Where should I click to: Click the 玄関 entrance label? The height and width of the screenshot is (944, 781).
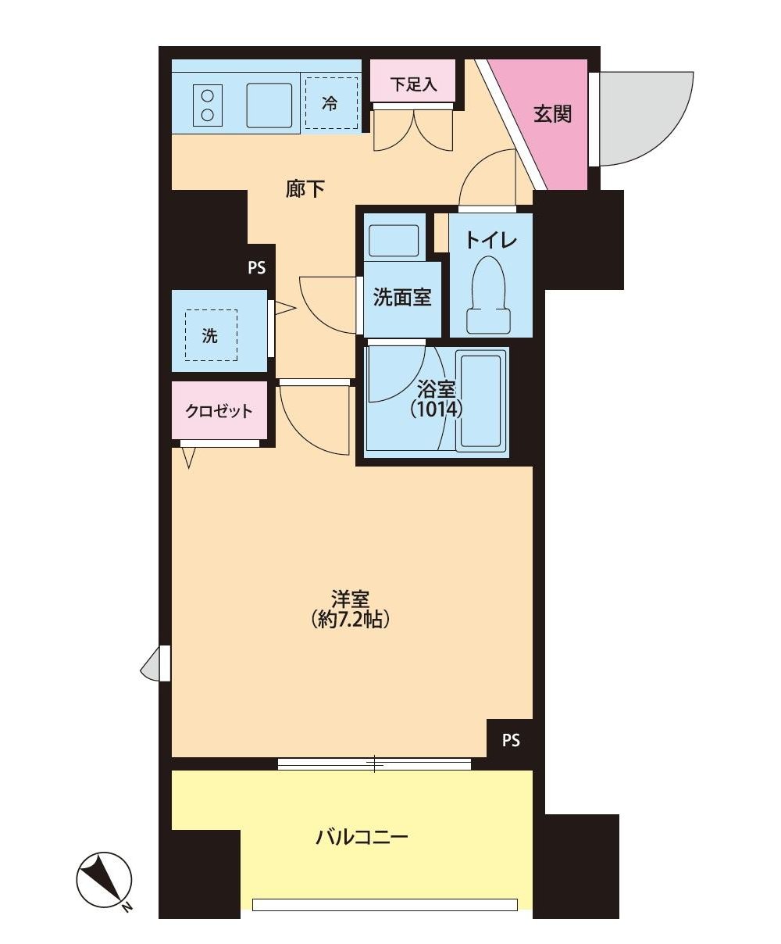pyautogui.click(x=552, y=114)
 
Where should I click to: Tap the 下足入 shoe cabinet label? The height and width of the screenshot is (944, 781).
pyautogui.click(x=414, y=84)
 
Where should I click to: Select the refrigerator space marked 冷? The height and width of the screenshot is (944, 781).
pyautogui.click(x=331, y=103)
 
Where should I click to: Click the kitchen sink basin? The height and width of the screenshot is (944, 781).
pyautogui.click(x=269, y=105)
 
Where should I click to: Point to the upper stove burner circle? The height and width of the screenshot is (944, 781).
pyautogui.click(x=208, y=96)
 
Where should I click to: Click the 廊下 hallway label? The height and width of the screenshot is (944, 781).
pyautogui.click(x=305, y=189)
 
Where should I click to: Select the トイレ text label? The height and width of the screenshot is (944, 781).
pyautogui.click(x=490, y=240)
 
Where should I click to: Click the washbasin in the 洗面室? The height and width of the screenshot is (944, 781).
pyautogui.click(x=394, y=240)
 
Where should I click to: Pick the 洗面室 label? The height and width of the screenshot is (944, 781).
pyautogui.click(x=402, y=297)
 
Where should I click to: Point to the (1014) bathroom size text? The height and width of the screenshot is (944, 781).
pyautogui.click(x=436, y=409)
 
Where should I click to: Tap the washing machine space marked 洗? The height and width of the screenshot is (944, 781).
pyautogui.click(x=211, y=335)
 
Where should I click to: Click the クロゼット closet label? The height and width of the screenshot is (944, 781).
pyautogui.click(x=219, y=411)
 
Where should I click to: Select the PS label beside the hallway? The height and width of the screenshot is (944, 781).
pyautogui.click(x=256, y=268)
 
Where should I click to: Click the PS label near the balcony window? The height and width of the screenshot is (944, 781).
pyautogui.click(x=511, y=741)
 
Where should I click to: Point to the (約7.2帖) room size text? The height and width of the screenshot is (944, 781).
pyautogui.click(x=350, y=620)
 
